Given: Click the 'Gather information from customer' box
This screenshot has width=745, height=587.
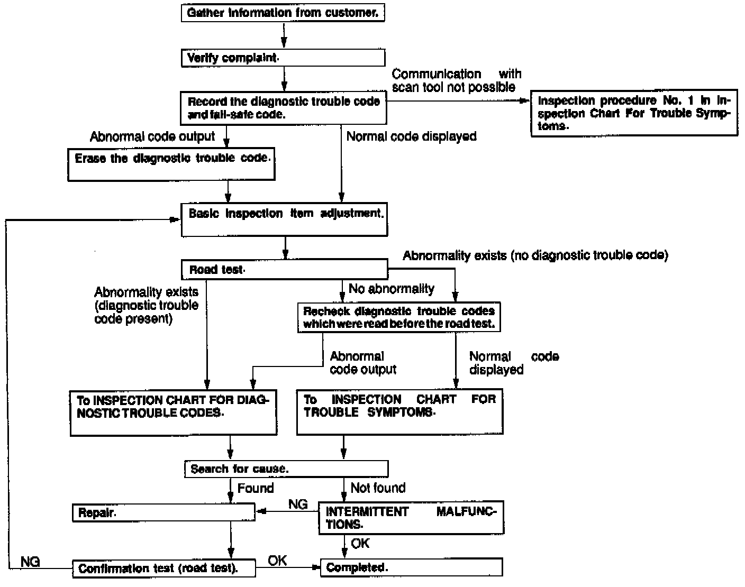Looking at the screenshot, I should click(283, 13).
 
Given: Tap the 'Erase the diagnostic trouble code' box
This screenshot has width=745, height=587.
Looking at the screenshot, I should click(171, 163).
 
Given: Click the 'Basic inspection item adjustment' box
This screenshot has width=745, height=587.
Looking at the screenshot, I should click(284, 219).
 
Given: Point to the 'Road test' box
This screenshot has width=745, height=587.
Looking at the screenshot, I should click(284, 270).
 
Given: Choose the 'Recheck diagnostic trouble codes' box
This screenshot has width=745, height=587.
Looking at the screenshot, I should click(399, 317).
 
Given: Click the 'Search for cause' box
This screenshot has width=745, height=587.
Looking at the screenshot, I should click(286, 469).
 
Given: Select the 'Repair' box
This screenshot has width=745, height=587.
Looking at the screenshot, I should click(163, 512).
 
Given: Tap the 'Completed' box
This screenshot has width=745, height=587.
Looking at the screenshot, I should click(411, 568).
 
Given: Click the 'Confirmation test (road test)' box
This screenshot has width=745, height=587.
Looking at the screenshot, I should click(163, 568).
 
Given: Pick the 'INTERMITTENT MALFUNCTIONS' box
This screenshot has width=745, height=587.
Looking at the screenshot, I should click(411, 518).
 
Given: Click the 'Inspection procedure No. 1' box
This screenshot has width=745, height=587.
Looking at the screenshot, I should click(634, 113).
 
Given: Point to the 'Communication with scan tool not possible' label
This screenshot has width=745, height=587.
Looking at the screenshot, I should click(456, 80).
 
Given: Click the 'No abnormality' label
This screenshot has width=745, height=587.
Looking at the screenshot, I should click(391, 289).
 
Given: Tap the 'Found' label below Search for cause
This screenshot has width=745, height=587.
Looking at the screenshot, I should click(256, 488).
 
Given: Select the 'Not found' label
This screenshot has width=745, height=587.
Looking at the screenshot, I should click(378, 488).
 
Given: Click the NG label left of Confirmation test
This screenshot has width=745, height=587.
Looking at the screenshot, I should click(30, 561).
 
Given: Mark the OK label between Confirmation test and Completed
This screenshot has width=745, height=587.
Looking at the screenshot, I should click(277, 560).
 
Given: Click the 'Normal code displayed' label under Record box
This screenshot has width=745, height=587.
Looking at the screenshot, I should click(411, 136).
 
